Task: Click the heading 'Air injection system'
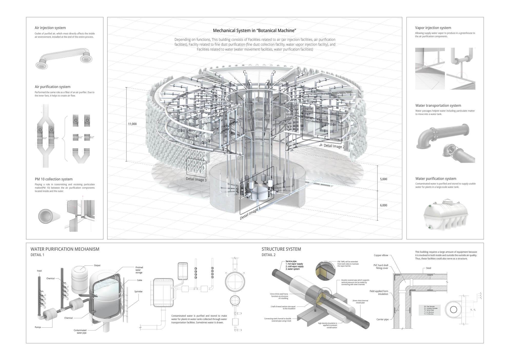coord(50,28)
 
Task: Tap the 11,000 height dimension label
coord(132,124)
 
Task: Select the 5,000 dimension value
coord(383,179)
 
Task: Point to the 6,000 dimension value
coord(383,205)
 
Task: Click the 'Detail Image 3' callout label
coord(196,180)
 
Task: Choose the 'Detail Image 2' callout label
coord(334,146)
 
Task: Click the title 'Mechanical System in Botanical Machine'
coord(254,31)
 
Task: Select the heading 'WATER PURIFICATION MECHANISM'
coord(65,249)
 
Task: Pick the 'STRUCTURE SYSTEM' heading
coord(281,249)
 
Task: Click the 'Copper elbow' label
coord(381,255)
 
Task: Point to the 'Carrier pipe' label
coord(382,319)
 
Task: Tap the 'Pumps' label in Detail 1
coord(38,327)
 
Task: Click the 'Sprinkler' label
coord(138,291)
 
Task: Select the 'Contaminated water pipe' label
coord(80,332)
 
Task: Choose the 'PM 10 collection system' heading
coord(54,179)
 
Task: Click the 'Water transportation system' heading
coord(438,105)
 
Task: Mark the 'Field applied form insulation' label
coord(379,293)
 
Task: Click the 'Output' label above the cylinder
coord(97,265)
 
